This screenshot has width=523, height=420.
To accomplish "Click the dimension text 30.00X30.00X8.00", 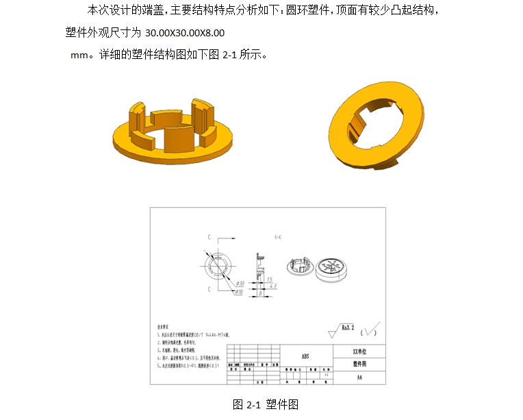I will click(x=185, y=33).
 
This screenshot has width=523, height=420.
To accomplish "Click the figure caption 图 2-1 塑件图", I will click(x=266, y=404).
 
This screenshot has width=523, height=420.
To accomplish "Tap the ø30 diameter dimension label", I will click(x=240, y=283).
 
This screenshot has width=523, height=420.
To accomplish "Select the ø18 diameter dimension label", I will click(x=239, y=292).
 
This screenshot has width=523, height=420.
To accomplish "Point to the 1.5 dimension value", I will click(x=270, y=280).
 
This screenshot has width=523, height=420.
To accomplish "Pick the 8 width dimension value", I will click(x=261, y=293).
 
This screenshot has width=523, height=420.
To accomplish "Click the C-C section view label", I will click(x=278, y=236).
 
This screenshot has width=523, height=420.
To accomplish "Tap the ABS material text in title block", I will click(x=305, y=356).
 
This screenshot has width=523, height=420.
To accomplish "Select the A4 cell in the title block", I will click(x=360, y=378).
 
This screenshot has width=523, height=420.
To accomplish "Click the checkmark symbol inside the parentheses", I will click(x=370, y=332).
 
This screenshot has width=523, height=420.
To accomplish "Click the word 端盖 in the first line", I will click(x=145, y=11).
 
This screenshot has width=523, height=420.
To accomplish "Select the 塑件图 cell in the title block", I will click(x=360, y=364).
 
